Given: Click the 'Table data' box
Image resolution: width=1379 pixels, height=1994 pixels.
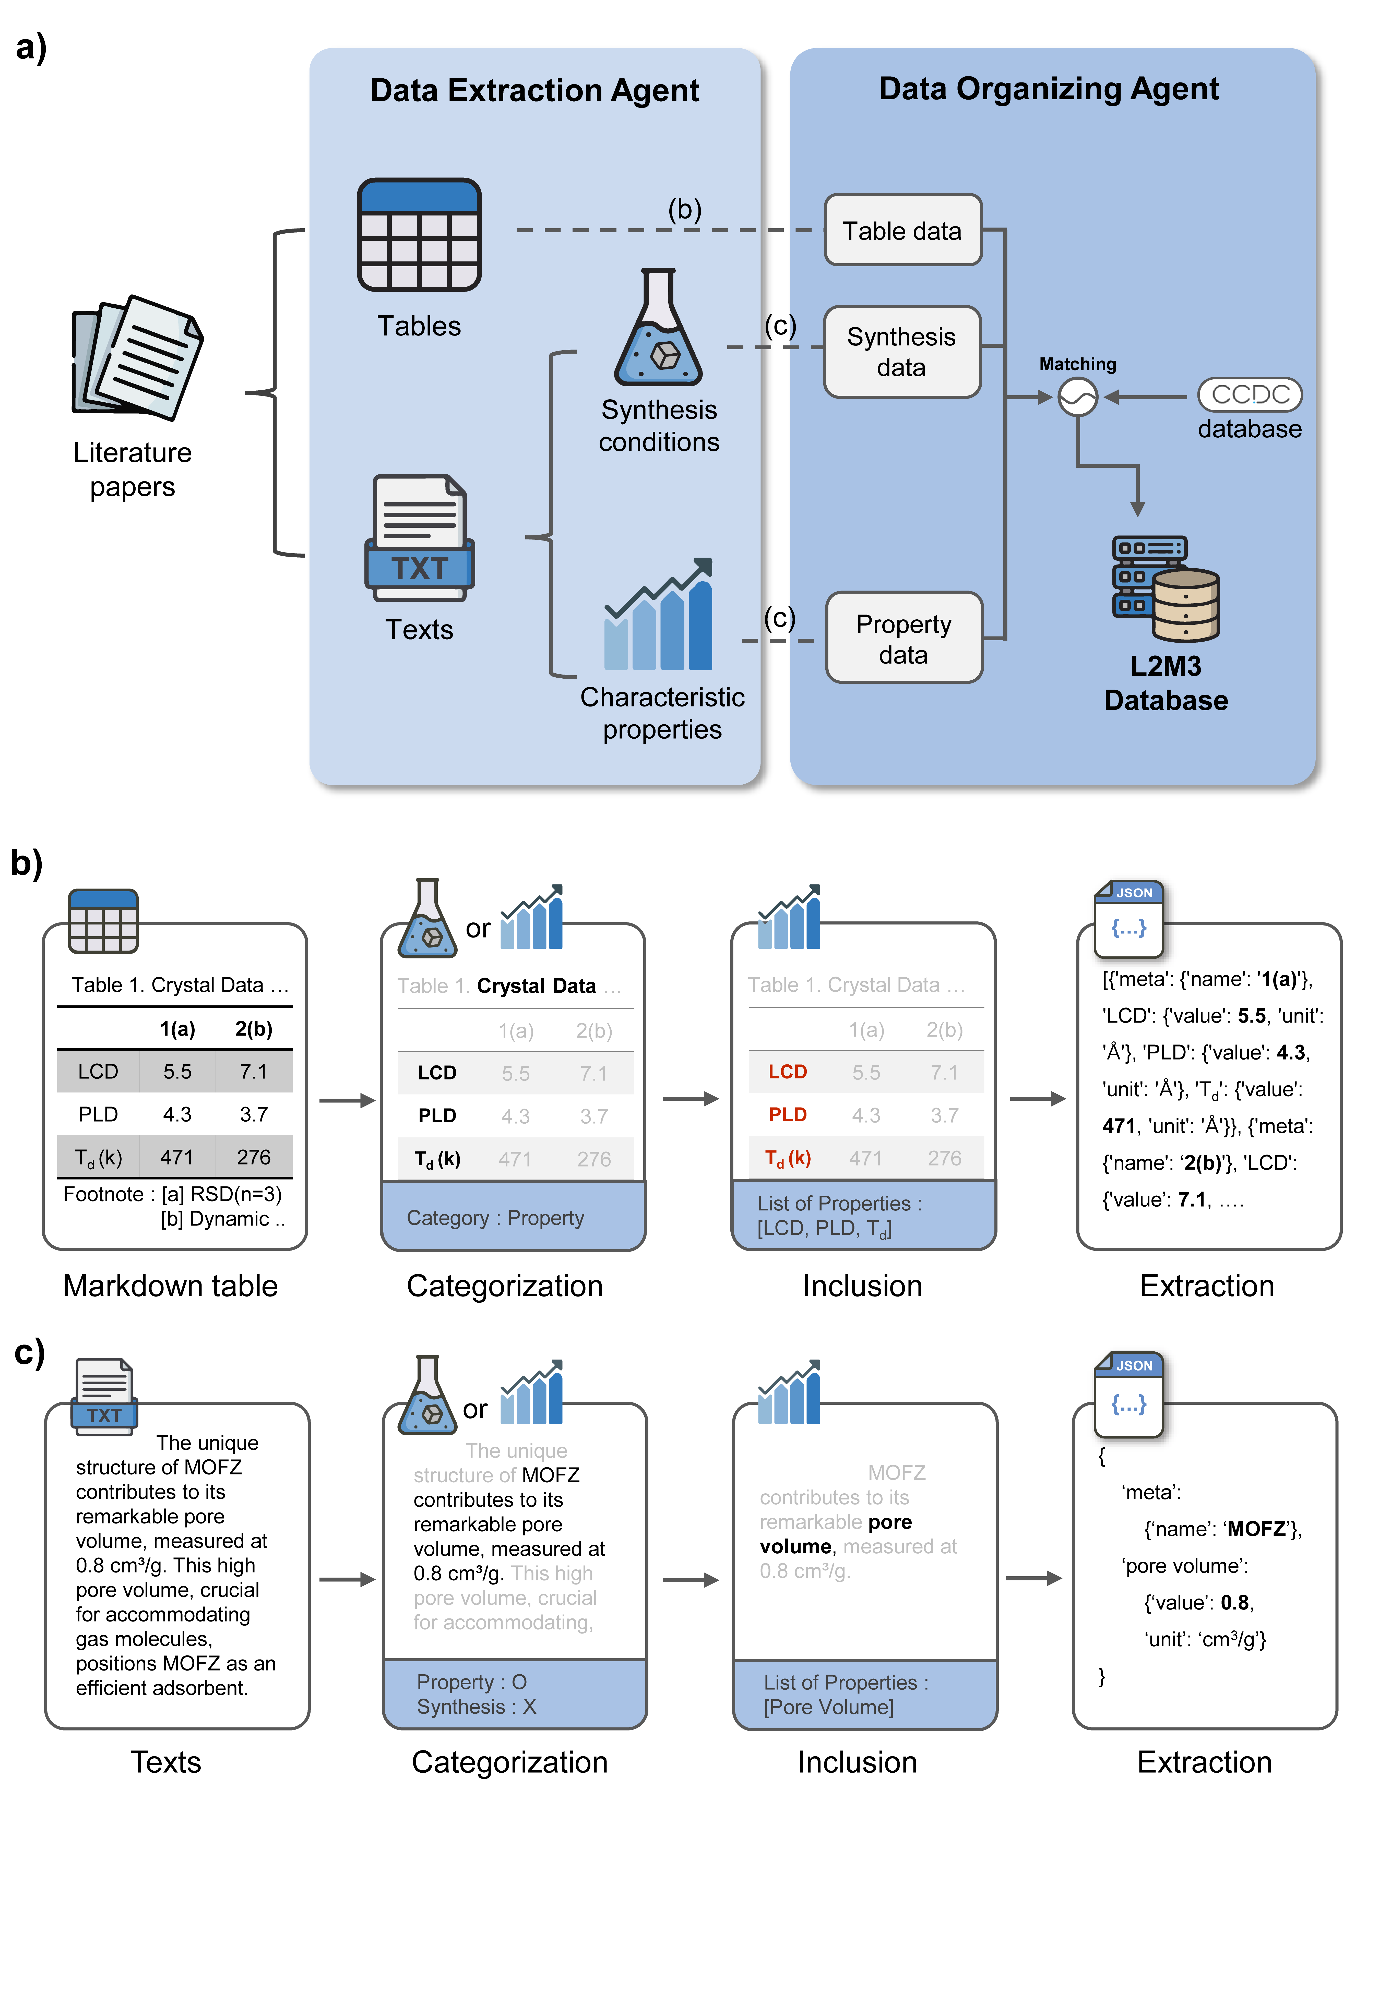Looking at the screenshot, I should pos(902,231).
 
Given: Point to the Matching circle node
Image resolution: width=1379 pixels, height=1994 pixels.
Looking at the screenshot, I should pos(1077,397).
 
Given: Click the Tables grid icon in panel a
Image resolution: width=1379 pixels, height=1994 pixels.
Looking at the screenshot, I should pos(419,235).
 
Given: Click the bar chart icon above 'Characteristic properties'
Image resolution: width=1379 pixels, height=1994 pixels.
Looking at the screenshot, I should pos(658,617).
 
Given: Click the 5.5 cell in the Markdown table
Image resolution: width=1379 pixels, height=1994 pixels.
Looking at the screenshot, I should pos(177,1072).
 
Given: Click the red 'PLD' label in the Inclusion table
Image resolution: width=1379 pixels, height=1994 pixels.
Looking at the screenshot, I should pos(787,1115).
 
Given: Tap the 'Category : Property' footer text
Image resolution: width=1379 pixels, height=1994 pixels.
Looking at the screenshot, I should pos(495,1218).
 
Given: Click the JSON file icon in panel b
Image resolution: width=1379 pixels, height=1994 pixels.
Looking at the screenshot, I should pos(1128,919).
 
